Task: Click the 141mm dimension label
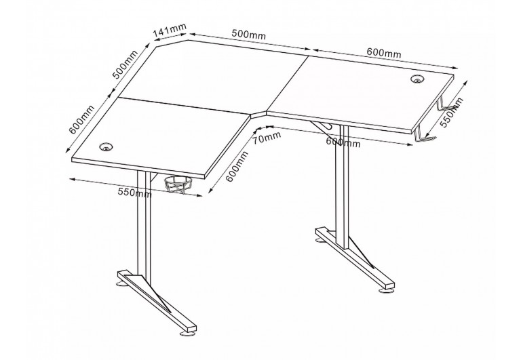pos(170,30)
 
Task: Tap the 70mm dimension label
pos(267,137)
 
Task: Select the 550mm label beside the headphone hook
pos(451,113)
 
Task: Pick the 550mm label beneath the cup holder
pos(135,193)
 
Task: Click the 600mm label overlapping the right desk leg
pos(343,142)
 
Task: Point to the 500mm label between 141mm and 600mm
pos(248,34)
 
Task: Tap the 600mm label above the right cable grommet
pos(384,53)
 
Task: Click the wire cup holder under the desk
pos(178,184)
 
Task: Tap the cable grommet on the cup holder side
pos(107,146)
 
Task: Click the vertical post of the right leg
pos(341,186)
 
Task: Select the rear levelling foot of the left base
pos(121,283)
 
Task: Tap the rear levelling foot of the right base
pos(320,240)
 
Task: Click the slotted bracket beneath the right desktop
pos(322,125)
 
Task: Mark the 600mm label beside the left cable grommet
pos(81,119)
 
